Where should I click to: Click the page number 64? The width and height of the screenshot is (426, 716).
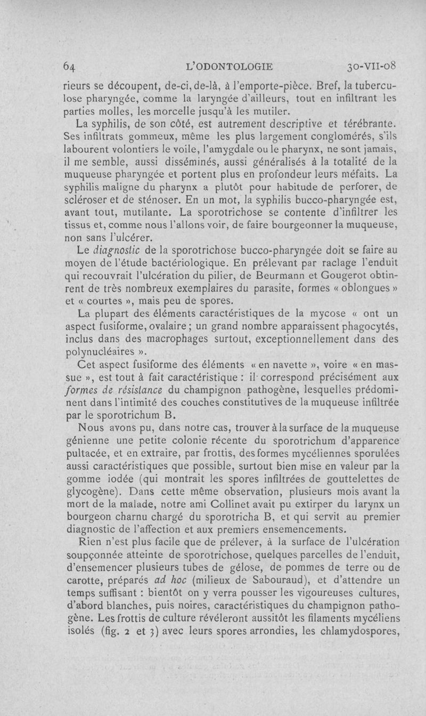69,67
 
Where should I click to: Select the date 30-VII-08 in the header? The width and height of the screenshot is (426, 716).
371,67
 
